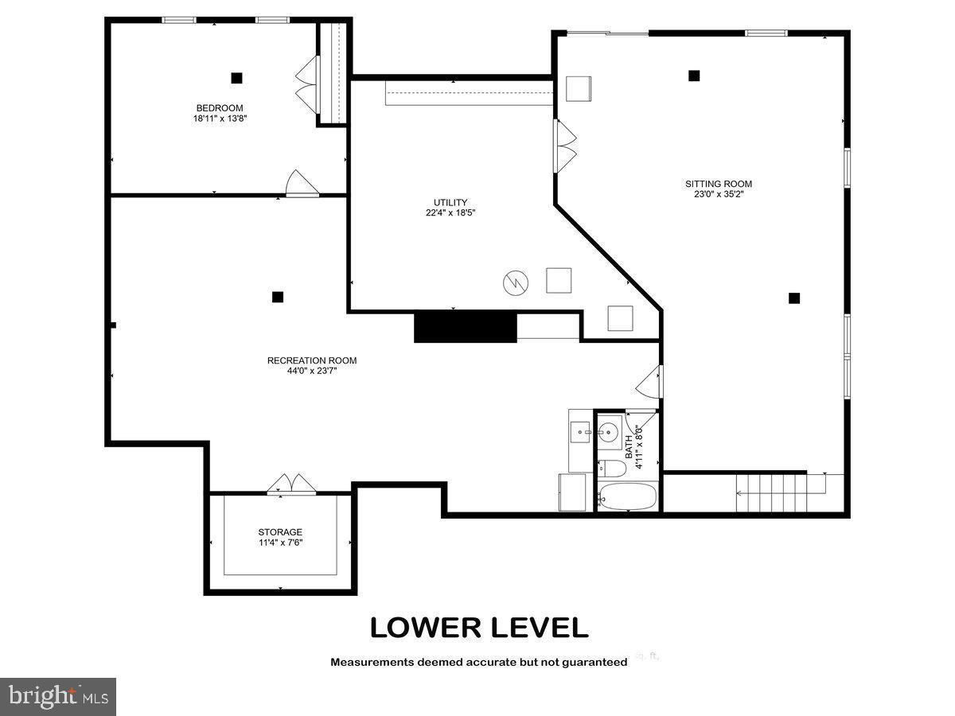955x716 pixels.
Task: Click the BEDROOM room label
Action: pos(220,108)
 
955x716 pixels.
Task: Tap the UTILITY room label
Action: pos(450,202)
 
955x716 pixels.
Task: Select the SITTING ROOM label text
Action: pos(718,184)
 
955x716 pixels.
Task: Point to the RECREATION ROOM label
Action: pos(312,360)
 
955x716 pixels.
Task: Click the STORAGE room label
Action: pos(280,532)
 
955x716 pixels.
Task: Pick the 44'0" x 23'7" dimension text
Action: pos(312,371)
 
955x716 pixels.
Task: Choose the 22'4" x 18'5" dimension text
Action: pos(450,212)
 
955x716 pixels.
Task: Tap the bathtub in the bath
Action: pos(627,498)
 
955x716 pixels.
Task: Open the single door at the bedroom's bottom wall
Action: pos(302,184)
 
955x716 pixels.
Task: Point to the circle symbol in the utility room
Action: pos(515,282)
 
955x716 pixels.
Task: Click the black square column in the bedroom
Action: pos(236,78)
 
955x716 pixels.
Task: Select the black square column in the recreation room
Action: pos(278,297)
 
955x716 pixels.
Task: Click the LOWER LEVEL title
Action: pos(479,628)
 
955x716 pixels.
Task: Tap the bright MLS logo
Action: pos(58,697)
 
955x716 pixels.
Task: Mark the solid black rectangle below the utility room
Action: pos(466,327)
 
